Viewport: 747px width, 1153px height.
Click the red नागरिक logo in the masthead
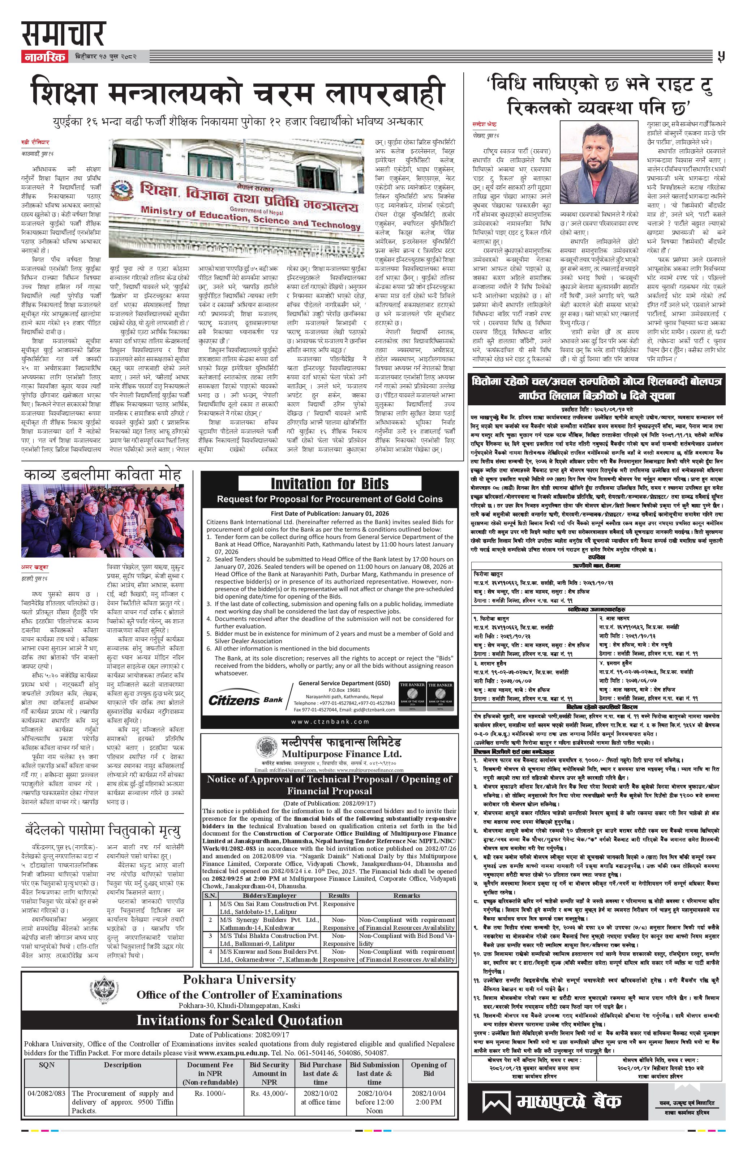44,57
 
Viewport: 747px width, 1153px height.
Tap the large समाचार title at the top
63,34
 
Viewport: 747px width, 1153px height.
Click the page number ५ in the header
721,57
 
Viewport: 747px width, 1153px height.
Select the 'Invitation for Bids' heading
329,483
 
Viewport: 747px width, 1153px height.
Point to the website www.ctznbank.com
330,721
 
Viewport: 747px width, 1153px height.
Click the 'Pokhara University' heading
239,979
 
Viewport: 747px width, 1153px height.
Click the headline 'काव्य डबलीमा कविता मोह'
102,474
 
